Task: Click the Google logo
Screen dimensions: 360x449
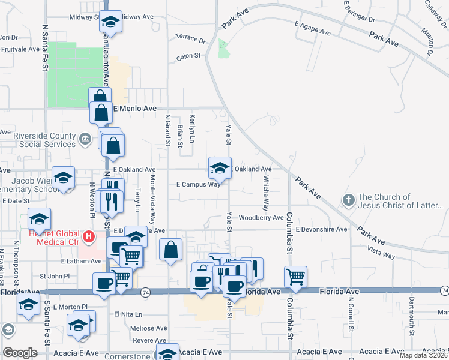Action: pos(20,353)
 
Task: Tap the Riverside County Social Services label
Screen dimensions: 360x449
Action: pos(47,140)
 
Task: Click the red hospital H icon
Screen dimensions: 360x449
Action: pos(89,237)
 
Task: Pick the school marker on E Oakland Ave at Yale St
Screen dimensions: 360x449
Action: pos(220,169)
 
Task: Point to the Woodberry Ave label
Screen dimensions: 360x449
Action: pos(261,218)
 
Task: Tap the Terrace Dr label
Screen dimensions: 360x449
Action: pos(190,38)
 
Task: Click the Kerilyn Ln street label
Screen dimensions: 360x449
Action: pos(193,128)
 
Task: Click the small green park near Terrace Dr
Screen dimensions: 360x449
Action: pos(223,49)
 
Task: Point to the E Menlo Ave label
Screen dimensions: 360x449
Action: pos(135,109)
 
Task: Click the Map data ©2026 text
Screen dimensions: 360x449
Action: pos(423,355)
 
